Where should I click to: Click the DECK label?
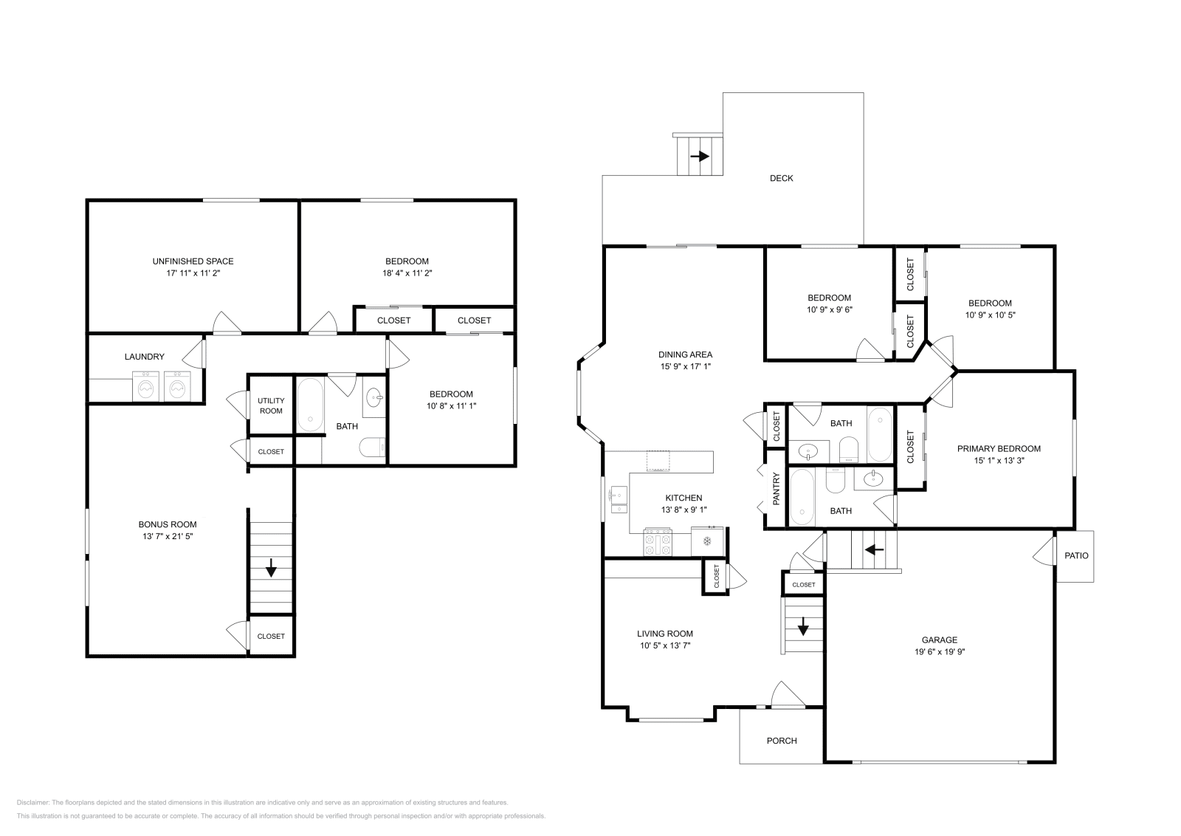pyautogui.click(x=782, y=178)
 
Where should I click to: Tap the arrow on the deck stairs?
pyautogui.click(x=700, y=156)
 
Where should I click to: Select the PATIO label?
pyautogui.click(x=1076, y=555)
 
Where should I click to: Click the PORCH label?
pyautogui.click(x=782, y=741)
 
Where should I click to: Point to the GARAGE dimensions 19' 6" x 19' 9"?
pyautogui.click(x=940, y=651)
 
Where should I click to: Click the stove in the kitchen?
pyautogui.click(x=658, y=541)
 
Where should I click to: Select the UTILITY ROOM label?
pyautogui.click(x=271, y=405)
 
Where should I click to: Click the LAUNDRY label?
pyautogui.click(x=145, y=357)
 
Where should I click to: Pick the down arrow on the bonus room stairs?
pyautogui.click(x=271, y=567)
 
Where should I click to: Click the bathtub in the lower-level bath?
pyautogui.click(x=310, y=404)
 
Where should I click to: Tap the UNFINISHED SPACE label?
pyautogui.click(x=193, y=261)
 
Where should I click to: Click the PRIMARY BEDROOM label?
pyautogui.click(x=999, y=448)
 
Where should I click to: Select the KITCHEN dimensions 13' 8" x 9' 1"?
pyautogui.click(x=684, y=510)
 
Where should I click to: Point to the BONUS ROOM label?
pyautogui.click(x=168, y=524)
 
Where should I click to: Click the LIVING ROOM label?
pyautogui.click(x=665, y=634)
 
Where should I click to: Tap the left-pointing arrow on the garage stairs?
pyautogui.click(x=874, y=549)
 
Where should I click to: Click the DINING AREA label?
pyautogui.click(x=686, y=354)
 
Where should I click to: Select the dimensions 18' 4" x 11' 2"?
pyautogui.click(x=407, y=273)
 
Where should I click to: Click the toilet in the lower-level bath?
pyautogui.click(x=372, y=448)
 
